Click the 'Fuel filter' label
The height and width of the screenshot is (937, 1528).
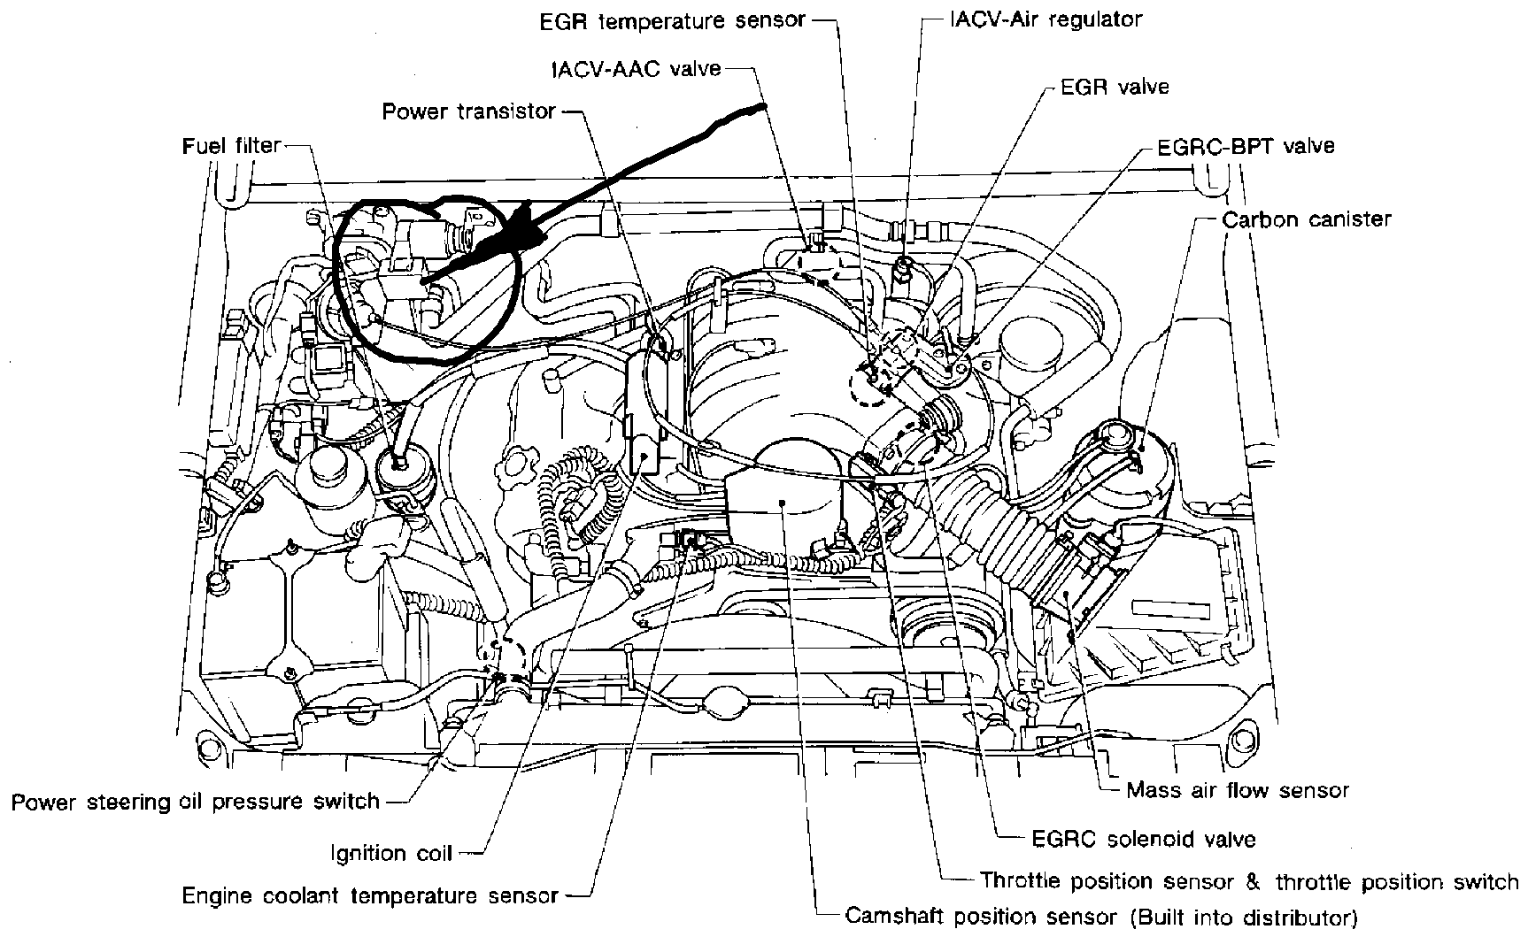pyautogui.click(x=231, y=145)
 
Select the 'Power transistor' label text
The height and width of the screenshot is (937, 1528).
pyautogui.click(x=468, y=111)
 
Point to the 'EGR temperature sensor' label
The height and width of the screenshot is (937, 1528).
pyautogui.click(x=673, y=19)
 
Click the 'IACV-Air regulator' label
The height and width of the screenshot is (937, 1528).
pyautogui.click(x=1046, y=19)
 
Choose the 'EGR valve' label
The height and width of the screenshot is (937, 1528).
pyautogui.click(x=1115, y=87)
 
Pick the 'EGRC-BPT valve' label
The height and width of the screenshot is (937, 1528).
pyautogui.click(x=1246, y=146)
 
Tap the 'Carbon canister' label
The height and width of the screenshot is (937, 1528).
pyautogui.click(x=1307, y=219)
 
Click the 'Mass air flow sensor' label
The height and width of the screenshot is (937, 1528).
pyautogui.click(x=1238, y=790)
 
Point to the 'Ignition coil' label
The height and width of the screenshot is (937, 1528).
pyautogui.click(x=391, y=853)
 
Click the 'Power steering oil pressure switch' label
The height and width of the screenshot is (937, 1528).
pyautogui.click(x=196, y=802)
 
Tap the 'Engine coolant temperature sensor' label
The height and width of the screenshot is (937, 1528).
pyautogui.click(x=370, y=895)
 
